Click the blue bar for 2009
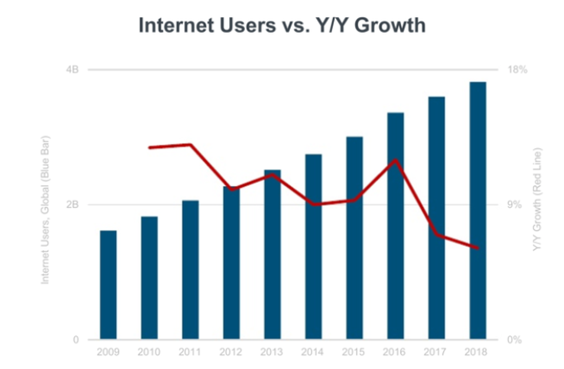[x=108, y=285]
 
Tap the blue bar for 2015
[x=354, y=238]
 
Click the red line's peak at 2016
[x=397, y=160]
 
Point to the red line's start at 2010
[x=150, y=147]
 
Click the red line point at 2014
[x=314, y=204]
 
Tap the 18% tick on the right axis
[x=516, y=69]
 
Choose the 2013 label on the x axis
[x=272, y=353]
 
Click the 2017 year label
[x=437, y=353]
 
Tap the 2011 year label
[x=190, y=353]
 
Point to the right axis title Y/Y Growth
[x=536, y=200]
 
